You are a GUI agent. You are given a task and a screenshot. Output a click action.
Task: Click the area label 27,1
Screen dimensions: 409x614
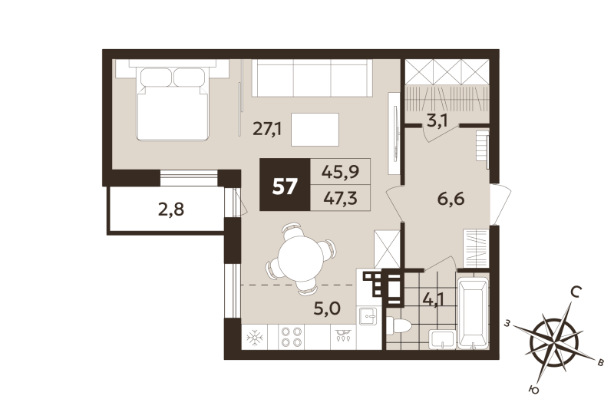(x=268, y=128)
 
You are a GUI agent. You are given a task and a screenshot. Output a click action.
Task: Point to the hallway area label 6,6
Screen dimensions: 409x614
(x=452, y=203)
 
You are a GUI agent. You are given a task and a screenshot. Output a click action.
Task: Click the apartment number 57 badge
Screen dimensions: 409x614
(x=285, y=186)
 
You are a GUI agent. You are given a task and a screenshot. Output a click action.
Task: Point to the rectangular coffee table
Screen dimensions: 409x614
(x=316, y=127)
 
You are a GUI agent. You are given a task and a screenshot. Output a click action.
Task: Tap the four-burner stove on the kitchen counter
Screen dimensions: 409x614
(x=292, y=335)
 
